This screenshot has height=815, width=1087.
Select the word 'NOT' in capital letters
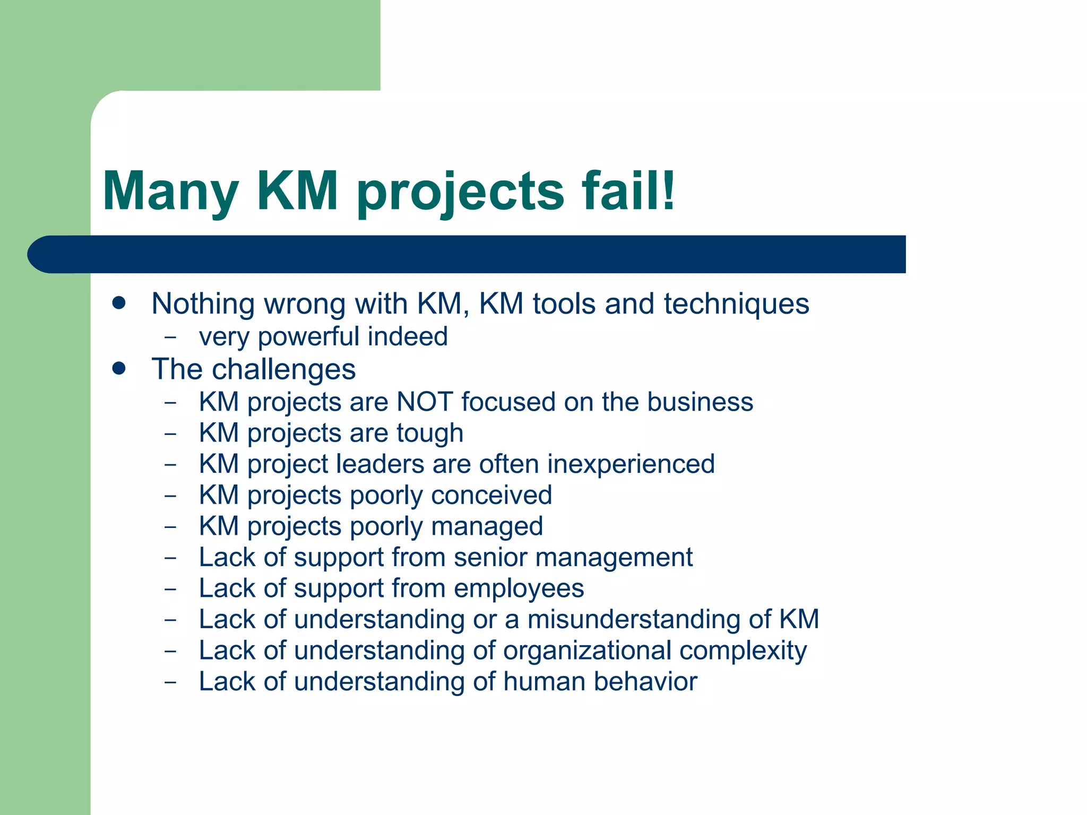(x=425, y=402)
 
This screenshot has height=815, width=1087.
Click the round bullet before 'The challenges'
(x=119, y=368)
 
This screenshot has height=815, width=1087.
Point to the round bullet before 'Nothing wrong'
(x=119, y=303)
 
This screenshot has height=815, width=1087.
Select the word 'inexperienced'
(x=631, y=464)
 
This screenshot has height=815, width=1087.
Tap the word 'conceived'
(x=491, y=495)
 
